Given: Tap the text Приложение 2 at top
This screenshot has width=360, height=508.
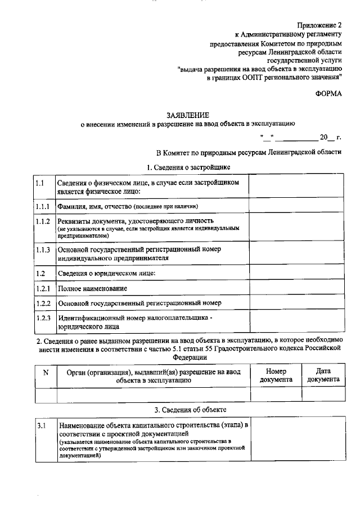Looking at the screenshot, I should click(x=319, y=25).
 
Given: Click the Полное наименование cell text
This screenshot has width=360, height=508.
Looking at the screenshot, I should click(x=92, y=288).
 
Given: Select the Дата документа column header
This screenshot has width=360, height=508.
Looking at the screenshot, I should click(x=323, y=375).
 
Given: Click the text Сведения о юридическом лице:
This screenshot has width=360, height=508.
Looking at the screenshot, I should click(x=106, y=273).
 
